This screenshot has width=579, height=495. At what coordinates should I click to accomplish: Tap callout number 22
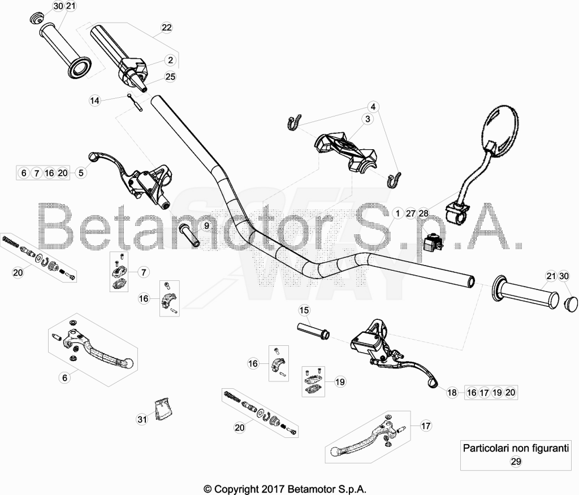tap(167, 27)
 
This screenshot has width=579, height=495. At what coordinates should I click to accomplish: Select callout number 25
tap(170, 76)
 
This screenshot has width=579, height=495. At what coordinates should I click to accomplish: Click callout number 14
tap(95, 100)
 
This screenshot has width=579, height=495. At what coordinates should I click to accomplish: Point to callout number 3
tap(368, 119)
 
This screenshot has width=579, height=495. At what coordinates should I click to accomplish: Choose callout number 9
tap(206, 225)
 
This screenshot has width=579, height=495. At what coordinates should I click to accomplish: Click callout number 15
tap(304, 310)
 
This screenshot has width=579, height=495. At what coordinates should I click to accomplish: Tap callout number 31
tap(142, 419)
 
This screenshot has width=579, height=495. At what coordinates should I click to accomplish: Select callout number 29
tap(516, 462)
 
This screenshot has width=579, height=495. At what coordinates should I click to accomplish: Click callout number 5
tap(81, 172)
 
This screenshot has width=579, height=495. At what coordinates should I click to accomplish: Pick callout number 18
tap(452, 392)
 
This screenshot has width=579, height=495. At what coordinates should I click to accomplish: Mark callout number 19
tap(340, 381)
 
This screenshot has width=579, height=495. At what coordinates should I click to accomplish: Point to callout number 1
tap(397, 214)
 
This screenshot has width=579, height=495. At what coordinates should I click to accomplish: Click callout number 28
tap(424, 214)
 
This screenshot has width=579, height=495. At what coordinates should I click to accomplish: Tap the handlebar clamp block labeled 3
tap(345, 151)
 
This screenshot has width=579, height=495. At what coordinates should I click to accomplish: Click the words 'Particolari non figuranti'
tap(516, 448)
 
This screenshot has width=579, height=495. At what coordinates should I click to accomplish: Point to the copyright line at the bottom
tap(285, 489)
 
